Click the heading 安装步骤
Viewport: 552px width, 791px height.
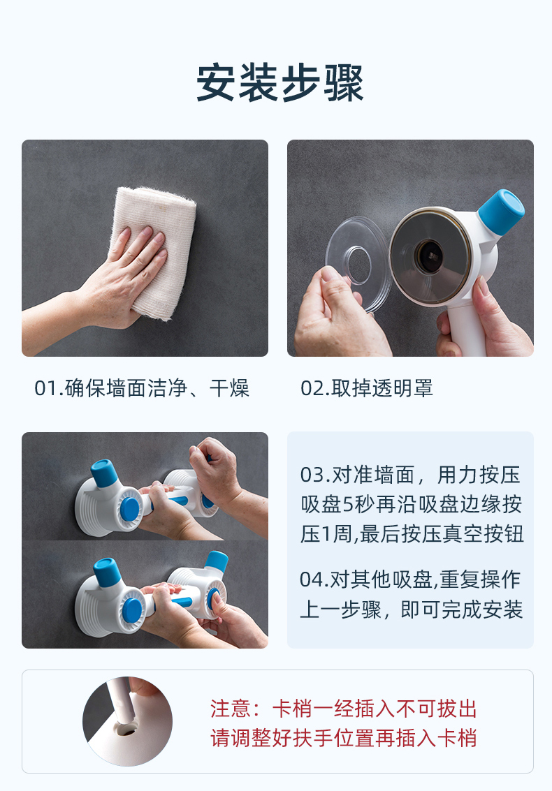click(280, 83)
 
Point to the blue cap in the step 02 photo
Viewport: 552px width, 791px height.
click(501, 212)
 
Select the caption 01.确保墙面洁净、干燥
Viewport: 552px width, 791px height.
click(142, 388)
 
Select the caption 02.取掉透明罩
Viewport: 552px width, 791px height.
click(367, 388)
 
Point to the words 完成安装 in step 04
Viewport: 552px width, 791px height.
click(482, 610)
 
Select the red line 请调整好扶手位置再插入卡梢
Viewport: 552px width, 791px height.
click(344, 739)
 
